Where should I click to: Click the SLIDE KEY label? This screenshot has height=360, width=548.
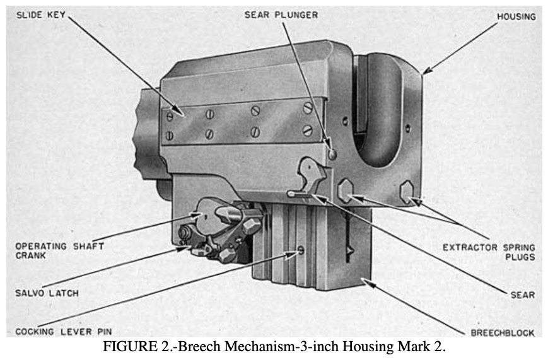point(41,15)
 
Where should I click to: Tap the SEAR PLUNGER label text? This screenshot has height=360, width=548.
point(281,15)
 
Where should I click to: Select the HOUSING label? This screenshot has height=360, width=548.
point(516,16)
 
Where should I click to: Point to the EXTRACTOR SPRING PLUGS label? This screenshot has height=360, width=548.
point(489,252)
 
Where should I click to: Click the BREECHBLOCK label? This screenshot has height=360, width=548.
point(503,333)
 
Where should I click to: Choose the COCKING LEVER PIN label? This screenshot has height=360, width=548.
point(64,332)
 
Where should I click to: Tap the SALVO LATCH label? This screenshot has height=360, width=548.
point(47,293)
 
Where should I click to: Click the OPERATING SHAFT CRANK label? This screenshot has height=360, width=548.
point(59,250)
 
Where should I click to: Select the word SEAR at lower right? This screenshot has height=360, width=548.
point(523,294)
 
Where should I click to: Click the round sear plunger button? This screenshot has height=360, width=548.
point(332,154)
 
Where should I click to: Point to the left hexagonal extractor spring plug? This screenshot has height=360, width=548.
point(346,190)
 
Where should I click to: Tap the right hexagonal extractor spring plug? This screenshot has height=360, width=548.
point(407,192)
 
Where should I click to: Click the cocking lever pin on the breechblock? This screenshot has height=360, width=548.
point(301,250)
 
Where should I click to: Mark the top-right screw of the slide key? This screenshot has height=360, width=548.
point(308,108)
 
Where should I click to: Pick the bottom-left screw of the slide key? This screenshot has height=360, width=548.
point(169,136)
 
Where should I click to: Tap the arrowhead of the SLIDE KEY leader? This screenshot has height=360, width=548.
point(179,110)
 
